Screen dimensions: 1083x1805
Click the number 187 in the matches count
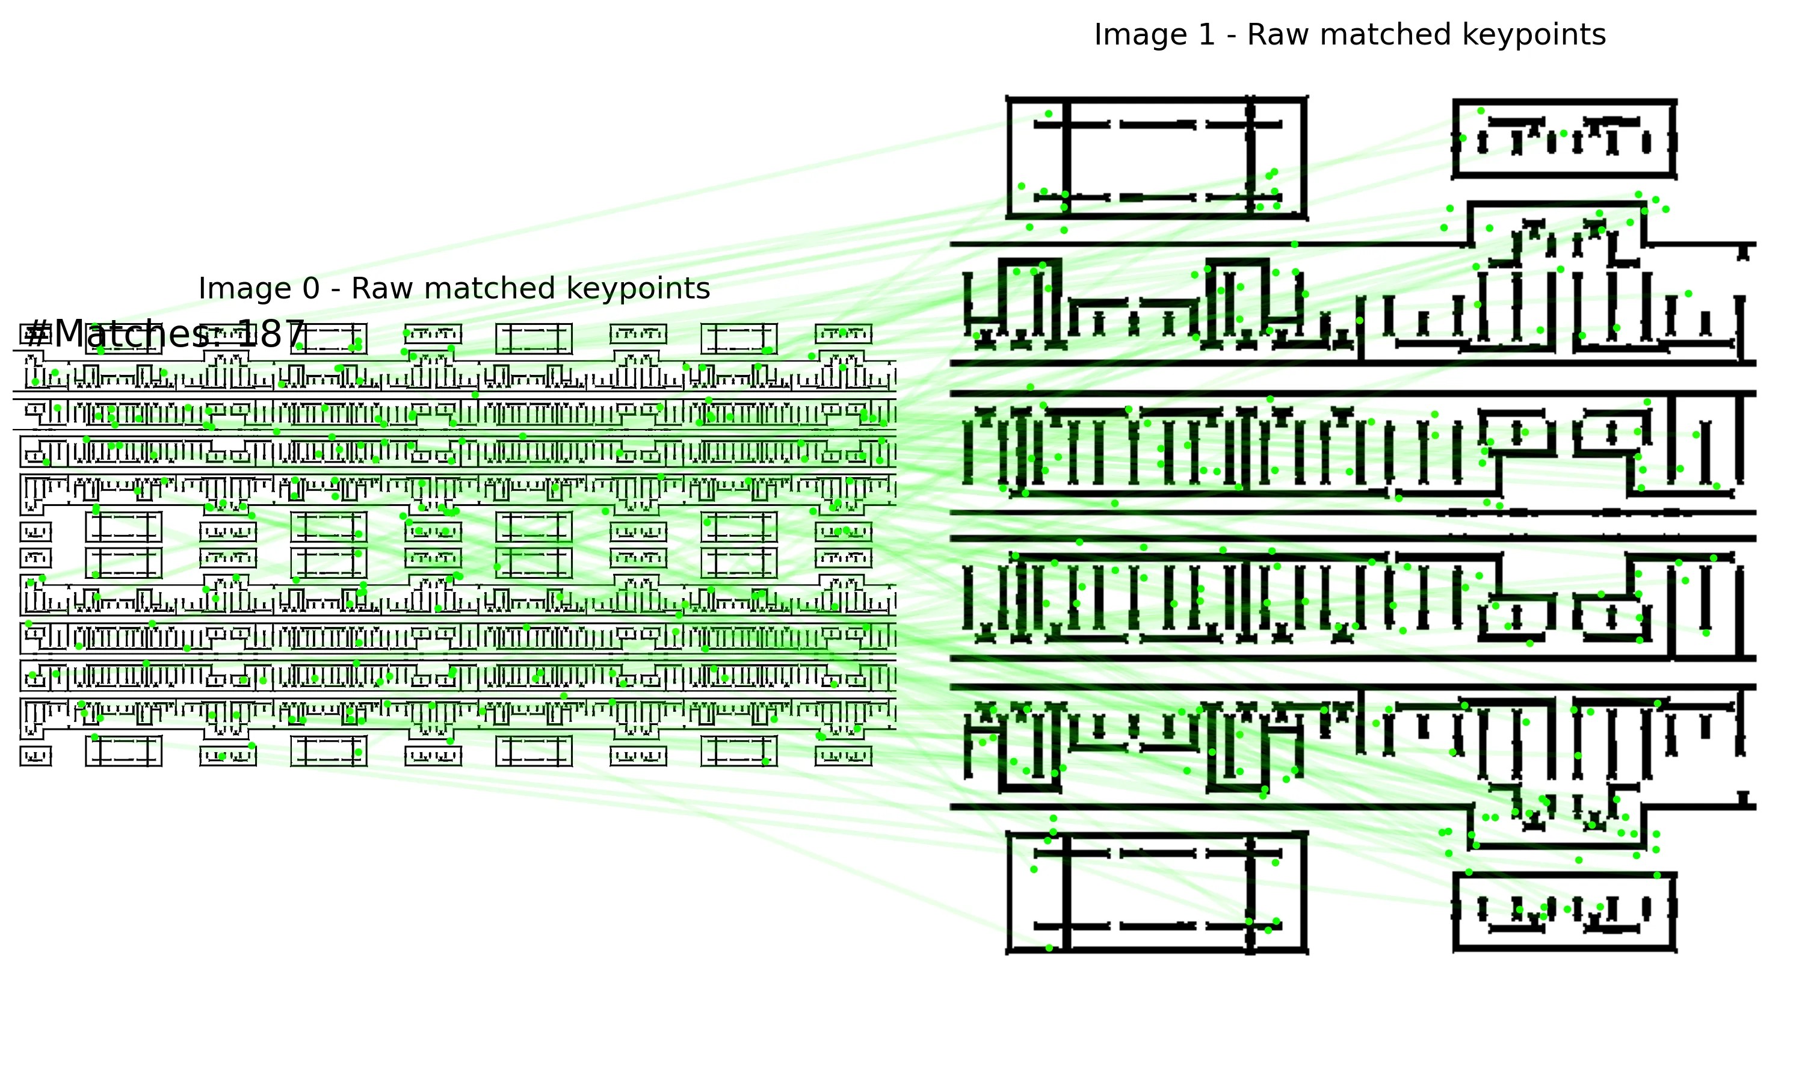tap(271, 335)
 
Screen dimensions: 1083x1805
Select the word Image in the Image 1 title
tap(1143, 35)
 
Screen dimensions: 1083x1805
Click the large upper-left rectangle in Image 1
tap(1156, 158)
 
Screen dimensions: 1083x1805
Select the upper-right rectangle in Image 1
tap(1564, 138)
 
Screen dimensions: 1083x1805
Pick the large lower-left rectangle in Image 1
tap(1156, 892)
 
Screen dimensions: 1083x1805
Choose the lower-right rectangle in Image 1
tap(1564, 912)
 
